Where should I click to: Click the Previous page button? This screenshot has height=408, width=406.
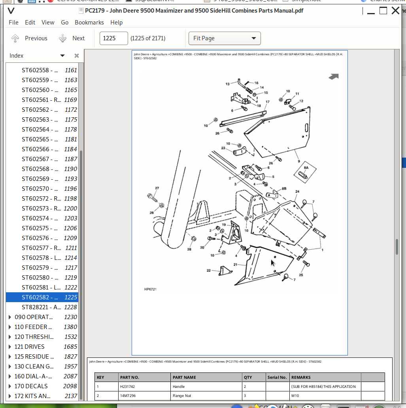30,38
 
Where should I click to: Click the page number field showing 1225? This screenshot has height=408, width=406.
113,38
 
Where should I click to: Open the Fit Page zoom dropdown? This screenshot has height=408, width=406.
224,38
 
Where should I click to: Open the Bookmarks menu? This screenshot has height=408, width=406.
89,23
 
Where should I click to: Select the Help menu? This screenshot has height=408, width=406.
116,23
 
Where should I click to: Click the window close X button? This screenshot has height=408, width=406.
395,11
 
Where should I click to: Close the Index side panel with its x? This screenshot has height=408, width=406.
77,56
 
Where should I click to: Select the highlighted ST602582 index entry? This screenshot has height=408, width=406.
42,297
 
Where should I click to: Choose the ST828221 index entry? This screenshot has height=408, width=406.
42,307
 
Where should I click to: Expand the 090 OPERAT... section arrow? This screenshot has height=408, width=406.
10,317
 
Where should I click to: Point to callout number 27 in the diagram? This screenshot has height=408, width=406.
157,188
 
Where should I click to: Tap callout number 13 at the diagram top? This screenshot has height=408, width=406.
228,84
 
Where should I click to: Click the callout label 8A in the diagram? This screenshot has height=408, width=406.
306,167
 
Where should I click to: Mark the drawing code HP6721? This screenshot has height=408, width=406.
150,290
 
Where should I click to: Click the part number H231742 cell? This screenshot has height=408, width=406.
128,387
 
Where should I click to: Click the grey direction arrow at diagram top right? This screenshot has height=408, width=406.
334,77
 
